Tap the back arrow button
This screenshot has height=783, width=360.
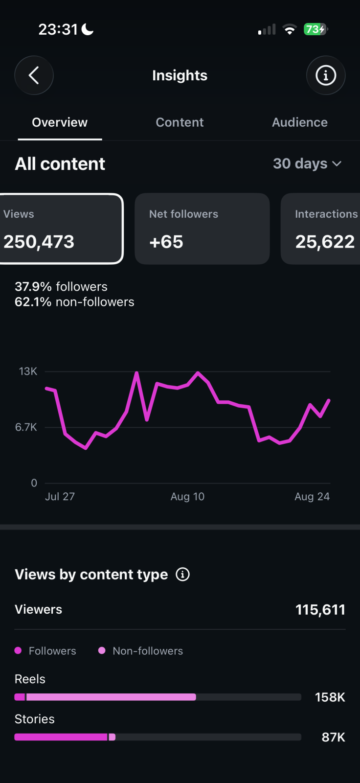[x=34, y=75]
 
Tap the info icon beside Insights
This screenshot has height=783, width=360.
[x=326, y=75]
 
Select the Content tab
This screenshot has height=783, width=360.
[x=180, y=122]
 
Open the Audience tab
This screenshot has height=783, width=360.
[x=300, y=122]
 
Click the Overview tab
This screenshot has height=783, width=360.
[x=60, y=122]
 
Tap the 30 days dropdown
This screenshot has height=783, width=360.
[x=307, y=163]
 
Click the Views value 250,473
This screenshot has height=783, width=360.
[x=39, y=242]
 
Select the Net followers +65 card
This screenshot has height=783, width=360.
[x=202, y=229]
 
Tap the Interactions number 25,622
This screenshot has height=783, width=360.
[x=325, y=242]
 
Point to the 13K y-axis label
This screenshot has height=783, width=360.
[x=28, y=371]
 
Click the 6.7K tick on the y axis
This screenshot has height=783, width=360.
[x=26, y=427]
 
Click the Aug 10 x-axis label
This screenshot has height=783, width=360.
[x=187, y=496]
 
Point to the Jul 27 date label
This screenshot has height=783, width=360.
[x=60, y=496]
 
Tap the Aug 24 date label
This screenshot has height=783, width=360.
[x=312, y=496]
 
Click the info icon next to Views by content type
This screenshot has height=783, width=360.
[x=182, y=575]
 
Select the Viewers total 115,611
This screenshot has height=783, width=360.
[x=320, y=610]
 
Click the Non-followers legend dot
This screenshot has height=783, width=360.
[x=102, y=650]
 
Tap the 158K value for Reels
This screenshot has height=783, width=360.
[x=330, y=697]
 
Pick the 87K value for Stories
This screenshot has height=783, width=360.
[x=334, y=737]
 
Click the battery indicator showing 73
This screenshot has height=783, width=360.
[x=315, y=29]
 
